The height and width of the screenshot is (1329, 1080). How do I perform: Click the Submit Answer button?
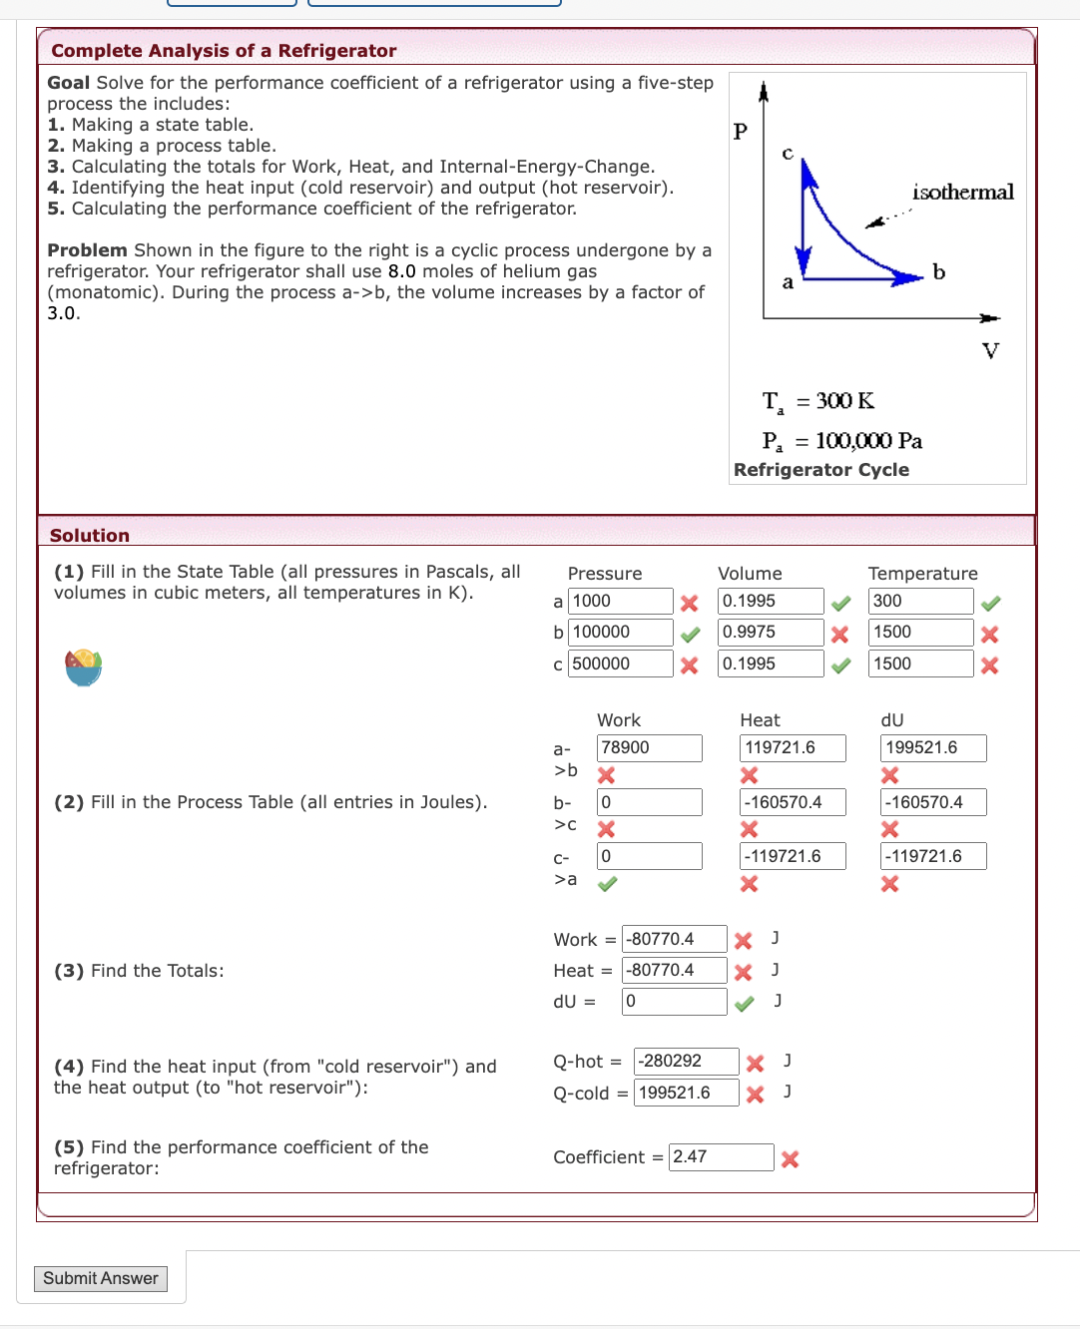(100, 1279)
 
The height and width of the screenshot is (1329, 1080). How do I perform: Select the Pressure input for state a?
(620, 602)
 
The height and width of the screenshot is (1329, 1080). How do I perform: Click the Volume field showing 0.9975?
(771, 633)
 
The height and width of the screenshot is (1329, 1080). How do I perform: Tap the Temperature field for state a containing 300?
(920, 602)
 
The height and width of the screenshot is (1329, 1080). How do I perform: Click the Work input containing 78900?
(649, 748)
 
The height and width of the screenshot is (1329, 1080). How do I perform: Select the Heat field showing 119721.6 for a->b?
(793, 748)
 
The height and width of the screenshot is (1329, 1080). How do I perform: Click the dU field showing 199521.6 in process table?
(932, 748)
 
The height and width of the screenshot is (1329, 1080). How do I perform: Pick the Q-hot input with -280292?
(686, 1062)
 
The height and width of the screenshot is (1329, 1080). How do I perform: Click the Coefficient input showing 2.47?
(721, 1157)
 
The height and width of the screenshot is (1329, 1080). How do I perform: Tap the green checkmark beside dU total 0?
(744, 1004)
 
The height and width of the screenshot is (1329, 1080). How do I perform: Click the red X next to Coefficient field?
(790, 1159)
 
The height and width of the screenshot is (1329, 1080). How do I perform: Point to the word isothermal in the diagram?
(962, 193)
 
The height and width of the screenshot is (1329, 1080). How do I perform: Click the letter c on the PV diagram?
(788, 154)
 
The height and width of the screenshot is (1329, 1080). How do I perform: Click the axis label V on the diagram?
(990, 351)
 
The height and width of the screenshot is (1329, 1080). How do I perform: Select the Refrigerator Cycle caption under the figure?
(820, 470)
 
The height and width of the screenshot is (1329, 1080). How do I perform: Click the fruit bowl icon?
(84, 666)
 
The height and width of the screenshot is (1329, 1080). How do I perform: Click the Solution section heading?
(90, 536)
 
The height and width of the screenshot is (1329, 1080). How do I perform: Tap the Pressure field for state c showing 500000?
(620, 664)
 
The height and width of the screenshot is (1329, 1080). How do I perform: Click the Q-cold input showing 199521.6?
(686, 1094)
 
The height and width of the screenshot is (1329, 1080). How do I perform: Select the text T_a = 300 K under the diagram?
(817, 402)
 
